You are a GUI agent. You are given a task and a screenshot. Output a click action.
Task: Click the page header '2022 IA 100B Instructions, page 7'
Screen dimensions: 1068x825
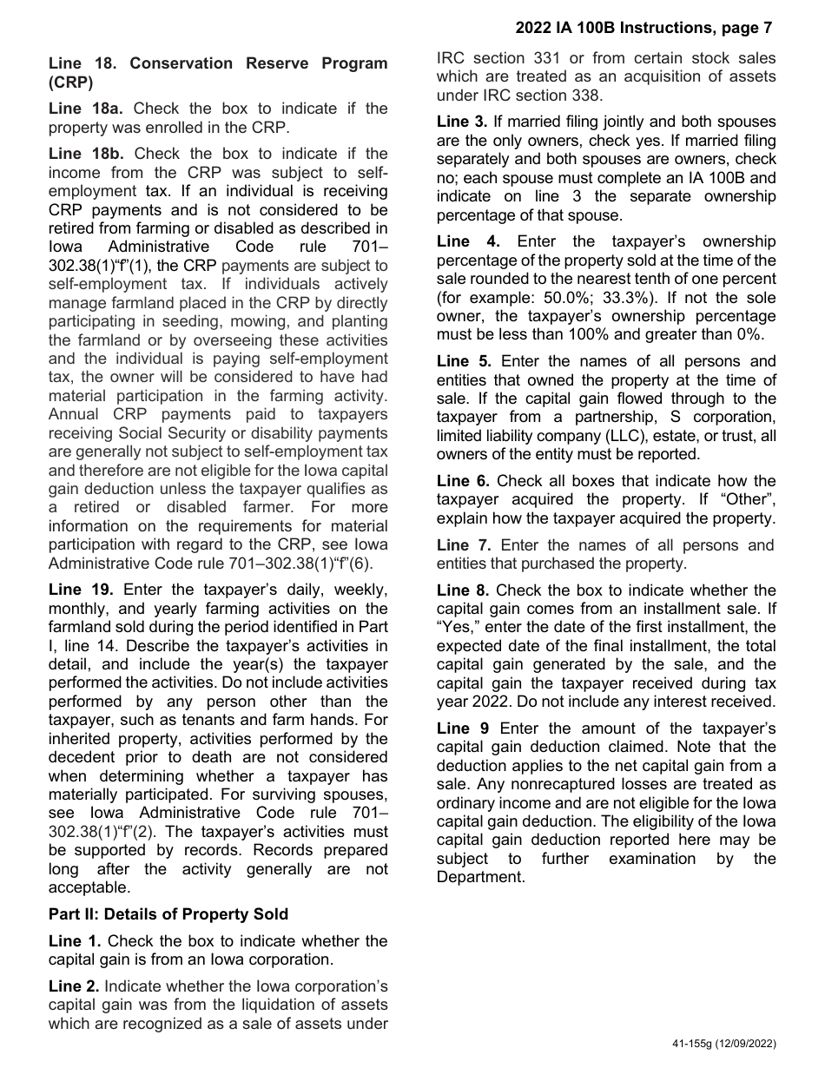[643, 28]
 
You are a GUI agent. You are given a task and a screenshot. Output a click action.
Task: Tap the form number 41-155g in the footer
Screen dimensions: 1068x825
[693, 1044]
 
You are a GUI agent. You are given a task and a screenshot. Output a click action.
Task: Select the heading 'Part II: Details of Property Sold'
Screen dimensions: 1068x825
[168, 913]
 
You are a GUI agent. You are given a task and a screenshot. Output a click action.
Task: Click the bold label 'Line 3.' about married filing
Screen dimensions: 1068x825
[463, 122]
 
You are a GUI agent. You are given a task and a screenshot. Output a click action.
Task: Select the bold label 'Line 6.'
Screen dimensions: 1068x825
[463, 481]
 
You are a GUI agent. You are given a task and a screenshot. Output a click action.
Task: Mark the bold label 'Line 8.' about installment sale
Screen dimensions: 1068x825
[463, 590]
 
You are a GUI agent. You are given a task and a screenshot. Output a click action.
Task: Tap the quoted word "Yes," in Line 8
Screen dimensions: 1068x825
[460, 627]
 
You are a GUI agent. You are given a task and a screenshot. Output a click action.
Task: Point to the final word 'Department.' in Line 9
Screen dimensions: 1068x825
[480, 877]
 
